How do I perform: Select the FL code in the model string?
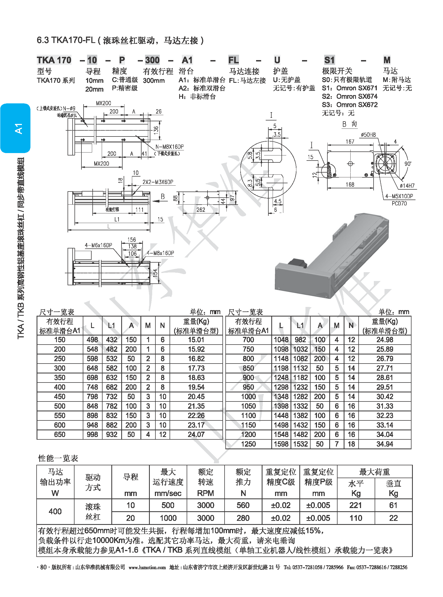click(x=233, y=60)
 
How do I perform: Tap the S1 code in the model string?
click(x=329, y=60)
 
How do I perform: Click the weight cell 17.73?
click(x=196, y=368)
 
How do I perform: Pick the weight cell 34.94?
click(x=385, y=444)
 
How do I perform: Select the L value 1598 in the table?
click(x=281, y=444)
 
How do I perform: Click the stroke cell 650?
click(x=60, y=434)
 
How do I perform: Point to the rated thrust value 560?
click(x=243, y=505)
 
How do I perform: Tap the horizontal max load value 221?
click(x=356, y=505)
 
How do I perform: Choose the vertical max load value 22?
click(x=393, y=518)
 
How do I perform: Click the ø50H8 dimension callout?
click(x=368, y=135)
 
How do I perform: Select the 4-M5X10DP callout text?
click(x=399, y=196)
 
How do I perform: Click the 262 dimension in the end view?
click(x=201, y=210)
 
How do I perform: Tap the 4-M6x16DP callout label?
click(x=99, y=245)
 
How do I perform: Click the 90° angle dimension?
click(x=407, y=163)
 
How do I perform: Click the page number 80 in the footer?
click(x=43, y=567)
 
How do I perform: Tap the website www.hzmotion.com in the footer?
click(x=147, y=567)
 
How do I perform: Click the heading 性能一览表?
click(x=58, y=458)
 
